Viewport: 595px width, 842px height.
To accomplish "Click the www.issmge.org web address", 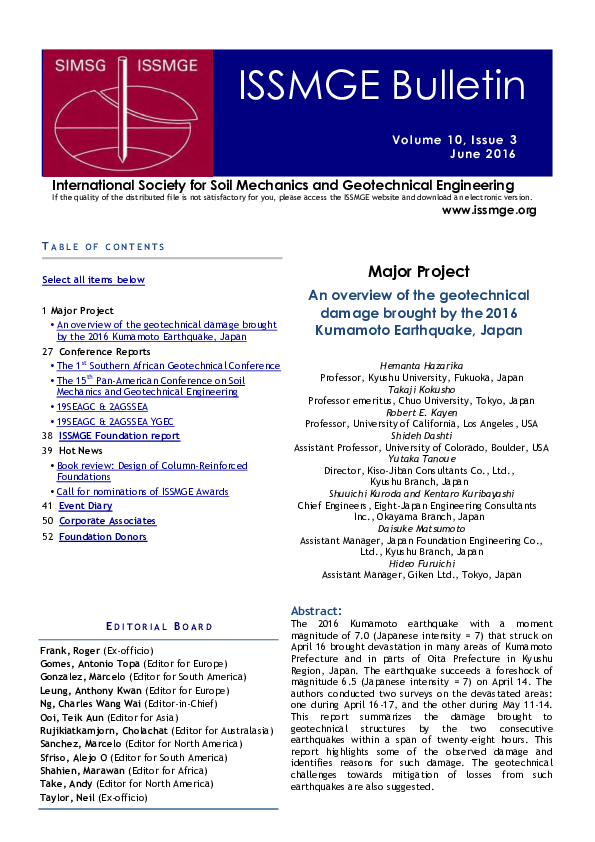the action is coord(489,210).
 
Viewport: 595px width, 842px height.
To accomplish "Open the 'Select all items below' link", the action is coord(93,280).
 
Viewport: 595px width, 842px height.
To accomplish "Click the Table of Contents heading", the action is coord(103,246).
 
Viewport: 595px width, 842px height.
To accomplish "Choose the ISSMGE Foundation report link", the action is coord(119,436).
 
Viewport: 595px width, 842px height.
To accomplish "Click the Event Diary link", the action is coord(85,506).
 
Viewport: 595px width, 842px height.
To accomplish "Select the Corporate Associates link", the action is coord(107,521).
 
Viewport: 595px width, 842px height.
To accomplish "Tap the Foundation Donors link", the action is coord(102,537).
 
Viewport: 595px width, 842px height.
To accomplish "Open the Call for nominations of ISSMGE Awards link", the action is coord(142,492).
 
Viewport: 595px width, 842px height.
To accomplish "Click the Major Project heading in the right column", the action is coord(419,272).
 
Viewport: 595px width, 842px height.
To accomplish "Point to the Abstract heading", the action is coord(316,610).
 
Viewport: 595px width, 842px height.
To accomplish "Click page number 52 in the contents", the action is coord(47,537).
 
